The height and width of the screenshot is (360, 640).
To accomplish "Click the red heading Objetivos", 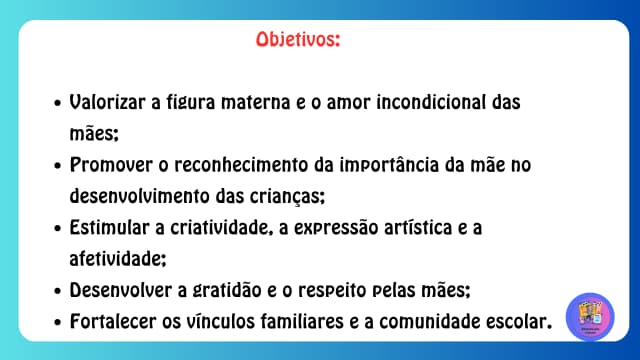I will pos(297,41).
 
